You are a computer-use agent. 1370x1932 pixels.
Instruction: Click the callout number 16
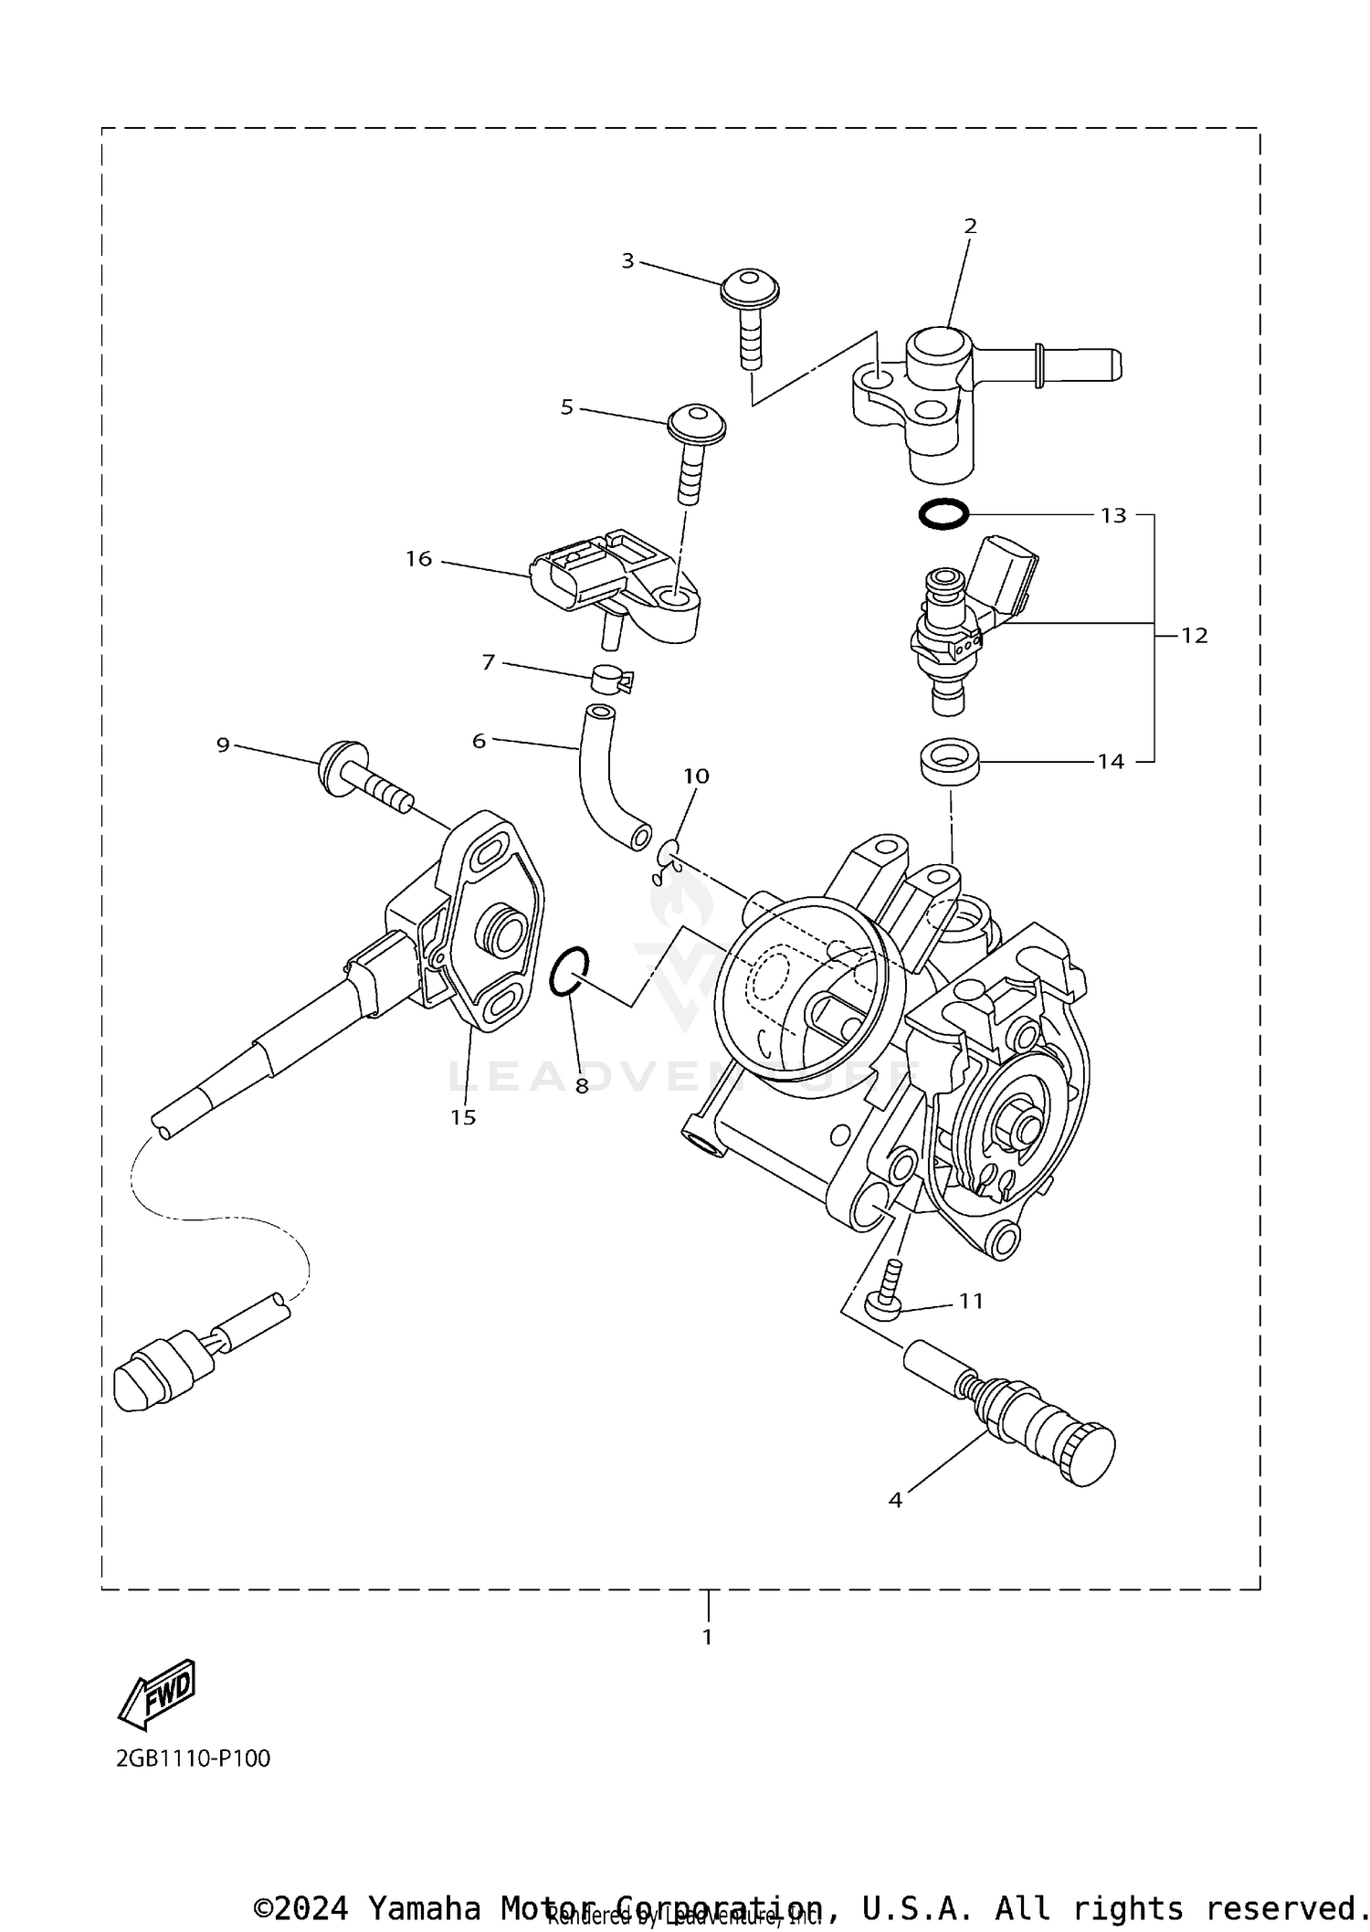click(x=418, y=558)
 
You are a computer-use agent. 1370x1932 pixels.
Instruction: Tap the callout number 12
click(x=1194, y=635)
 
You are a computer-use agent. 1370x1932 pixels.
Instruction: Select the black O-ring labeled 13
click(x=943, y=514)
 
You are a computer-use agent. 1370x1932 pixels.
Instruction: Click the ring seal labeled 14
click(x=950, y=761)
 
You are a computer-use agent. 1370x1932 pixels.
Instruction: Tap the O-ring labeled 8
click(x=569, y=971)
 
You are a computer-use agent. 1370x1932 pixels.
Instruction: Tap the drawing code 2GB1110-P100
click(x=194, y=1758)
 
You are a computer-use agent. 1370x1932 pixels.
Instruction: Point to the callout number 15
click(x=463, y=1116)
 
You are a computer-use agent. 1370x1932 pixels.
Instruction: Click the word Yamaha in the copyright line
click(x=425, y=1908)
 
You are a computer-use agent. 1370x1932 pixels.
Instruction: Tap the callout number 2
click(x=970, y=226)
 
